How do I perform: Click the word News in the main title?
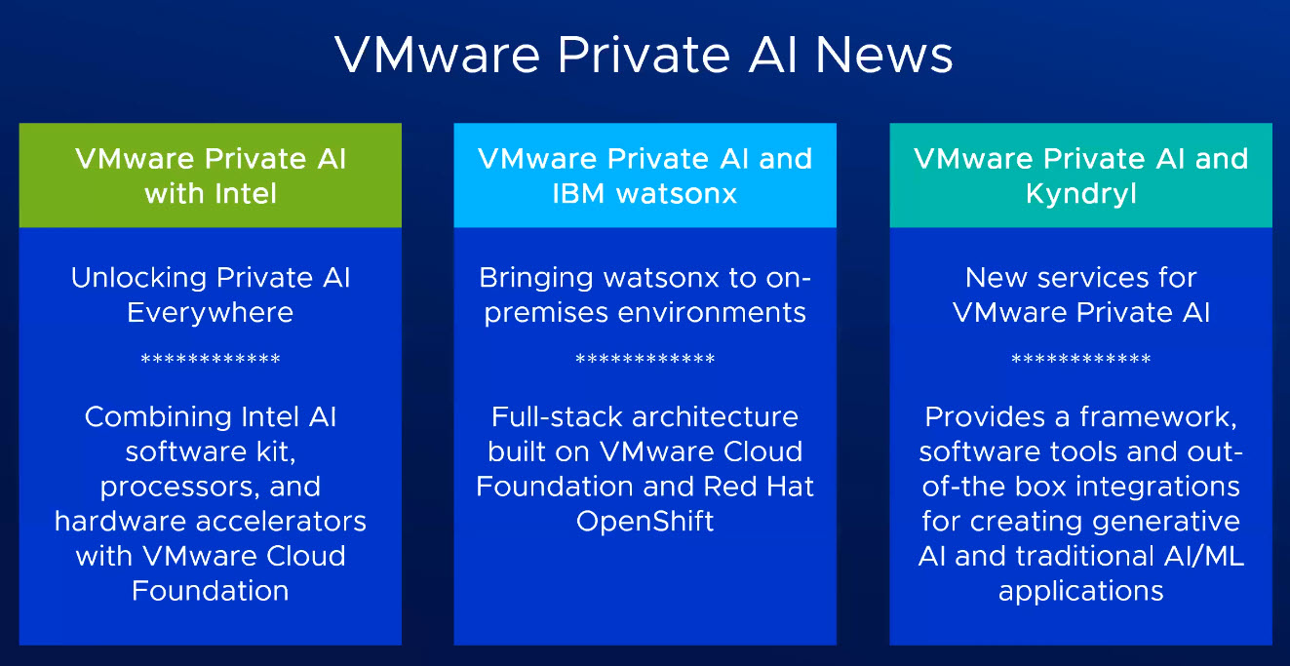click(x=884, y=55)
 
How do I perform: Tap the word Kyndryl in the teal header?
click(x=1081, y=194)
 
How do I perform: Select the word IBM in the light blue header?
click(x=578, y=194)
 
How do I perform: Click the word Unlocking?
click(x=138, y=278)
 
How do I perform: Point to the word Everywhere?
click(x=211, y=313)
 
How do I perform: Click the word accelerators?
click(x=281, y=522)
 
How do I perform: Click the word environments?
click(x=712, y=313)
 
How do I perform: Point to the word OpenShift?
click(x=645, y=522)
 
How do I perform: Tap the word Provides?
click(x=985, y=417)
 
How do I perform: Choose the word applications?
click(x=1081, y=592)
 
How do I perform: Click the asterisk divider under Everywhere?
click(x=211, y=358)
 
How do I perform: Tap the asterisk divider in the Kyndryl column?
click(x=1081, y=358)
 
